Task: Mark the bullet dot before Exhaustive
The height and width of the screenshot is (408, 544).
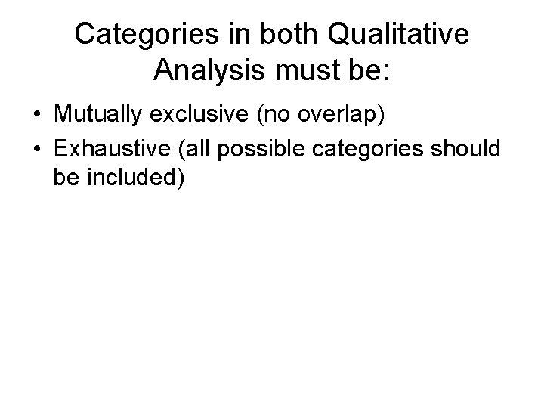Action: click(x=36, y=149)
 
